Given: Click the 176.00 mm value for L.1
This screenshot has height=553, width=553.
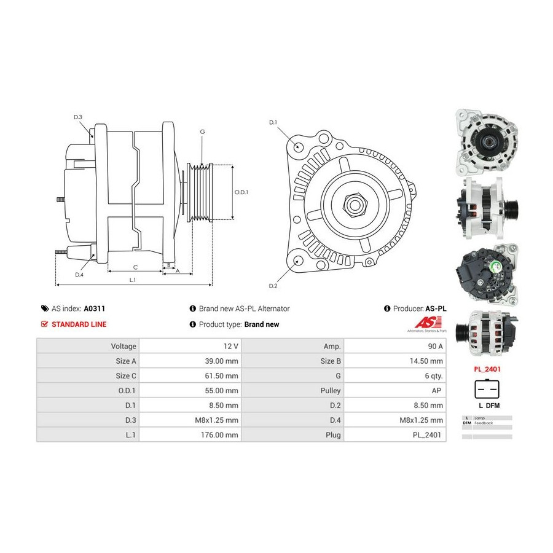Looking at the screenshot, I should point(222,434).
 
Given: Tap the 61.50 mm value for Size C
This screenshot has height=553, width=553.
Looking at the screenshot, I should point(222,375).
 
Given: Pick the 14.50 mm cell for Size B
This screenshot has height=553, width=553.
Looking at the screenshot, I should point(428,361).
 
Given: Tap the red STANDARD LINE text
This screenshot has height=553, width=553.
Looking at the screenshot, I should point(79,324).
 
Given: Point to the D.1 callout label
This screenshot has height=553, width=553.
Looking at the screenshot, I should point(273,122).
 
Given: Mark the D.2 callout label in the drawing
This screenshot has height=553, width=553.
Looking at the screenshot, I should point(273,286).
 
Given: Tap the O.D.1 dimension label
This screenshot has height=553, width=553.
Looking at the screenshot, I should point(241,192).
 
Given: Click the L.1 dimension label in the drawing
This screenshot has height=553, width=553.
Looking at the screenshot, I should point(132,280).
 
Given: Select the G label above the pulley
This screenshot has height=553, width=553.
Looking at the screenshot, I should point(202,132).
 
